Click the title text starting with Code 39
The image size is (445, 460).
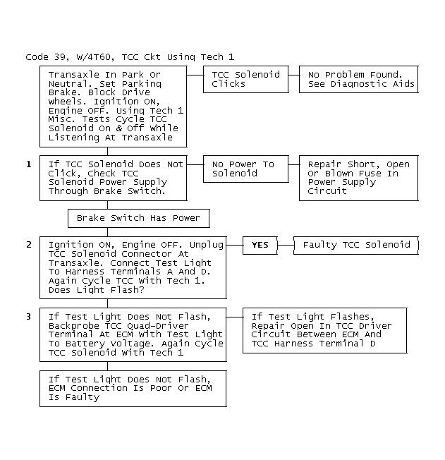[130, 57]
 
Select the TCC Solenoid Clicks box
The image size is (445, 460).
[246, 79]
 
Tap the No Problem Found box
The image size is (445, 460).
[359, 79]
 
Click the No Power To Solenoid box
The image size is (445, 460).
[246, 169]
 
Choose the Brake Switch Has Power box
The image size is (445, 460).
[139, 218]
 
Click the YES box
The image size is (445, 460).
[260, 246]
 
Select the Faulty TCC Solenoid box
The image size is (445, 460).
[356, 246]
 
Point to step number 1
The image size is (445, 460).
[28, 164]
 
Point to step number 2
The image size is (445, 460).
[28, 245]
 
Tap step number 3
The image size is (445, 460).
[28, 317]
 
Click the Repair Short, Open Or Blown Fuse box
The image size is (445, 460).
[359, 178]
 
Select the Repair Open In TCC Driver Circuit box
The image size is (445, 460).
[325, 330]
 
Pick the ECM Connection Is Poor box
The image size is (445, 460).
[133, 389]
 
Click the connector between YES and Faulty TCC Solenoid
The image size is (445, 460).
[286, 246]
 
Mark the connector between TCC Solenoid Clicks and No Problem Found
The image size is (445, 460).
[294, 75]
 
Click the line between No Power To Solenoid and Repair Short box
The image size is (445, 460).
[294, 164]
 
